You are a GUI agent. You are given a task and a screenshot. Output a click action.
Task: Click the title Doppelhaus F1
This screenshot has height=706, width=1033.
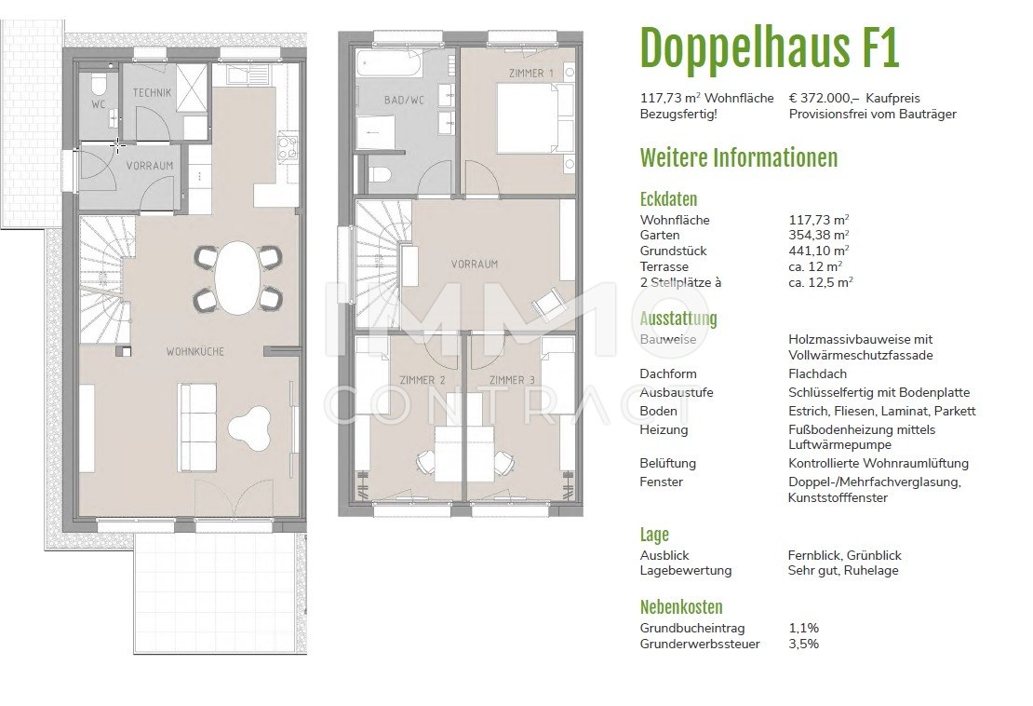(x=770, y=48)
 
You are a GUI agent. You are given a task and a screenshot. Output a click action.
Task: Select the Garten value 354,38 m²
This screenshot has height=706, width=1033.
(x=818, y=236)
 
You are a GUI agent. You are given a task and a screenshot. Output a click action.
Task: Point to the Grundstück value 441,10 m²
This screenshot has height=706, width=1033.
(x=818, y=251)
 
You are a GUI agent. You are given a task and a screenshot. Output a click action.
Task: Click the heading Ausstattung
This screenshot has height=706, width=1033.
(x=678, y=319)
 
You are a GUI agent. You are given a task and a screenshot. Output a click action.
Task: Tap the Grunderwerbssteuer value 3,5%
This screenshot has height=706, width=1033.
(x=803, y=644)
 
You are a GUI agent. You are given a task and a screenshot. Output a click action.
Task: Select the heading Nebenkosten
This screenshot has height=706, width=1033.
(x=681, y=607)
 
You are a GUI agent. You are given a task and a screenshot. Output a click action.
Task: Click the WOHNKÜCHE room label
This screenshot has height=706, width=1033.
(x=195, y=351)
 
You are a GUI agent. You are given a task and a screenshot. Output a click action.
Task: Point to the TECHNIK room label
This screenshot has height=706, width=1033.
(x=151, y=93)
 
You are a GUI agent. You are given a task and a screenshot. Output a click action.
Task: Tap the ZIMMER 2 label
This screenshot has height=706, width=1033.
(x=422, y=380)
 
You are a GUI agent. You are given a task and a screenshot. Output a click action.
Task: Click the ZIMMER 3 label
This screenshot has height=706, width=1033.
(x=512, y=380)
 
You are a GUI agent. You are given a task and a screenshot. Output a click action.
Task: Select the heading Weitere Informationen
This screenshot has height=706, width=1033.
(x=739, y=157)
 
